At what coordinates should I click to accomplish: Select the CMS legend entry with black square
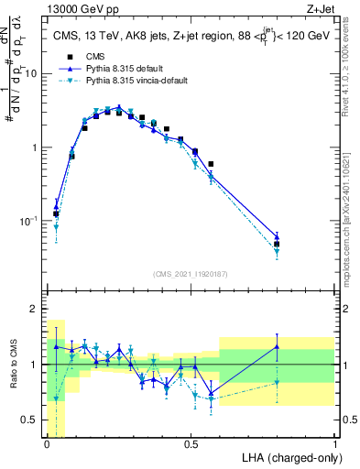click(94, 57)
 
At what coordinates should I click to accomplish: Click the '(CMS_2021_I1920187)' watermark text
click(191, 272)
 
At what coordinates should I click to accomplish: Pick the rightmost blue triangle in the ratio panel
click(277, 345)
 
